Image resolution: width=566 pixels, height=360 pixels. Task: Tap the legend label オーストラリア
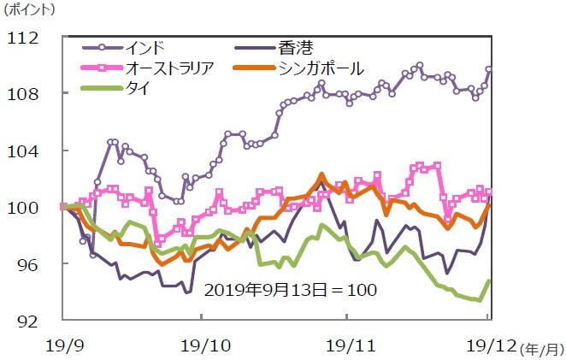(x=176, y=68)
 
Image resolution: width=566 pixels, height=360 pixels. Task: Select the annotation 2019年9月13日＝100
(x=291, y=290)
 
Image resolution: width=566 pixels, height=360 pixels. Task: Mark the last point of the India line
(x=489, y=69)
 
